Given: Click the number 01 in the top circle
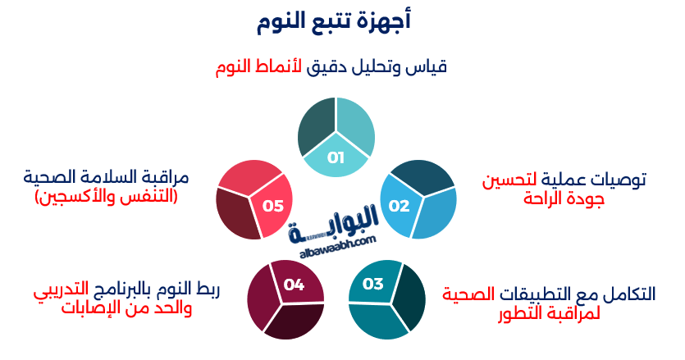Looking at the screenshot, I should [x=336, y=157].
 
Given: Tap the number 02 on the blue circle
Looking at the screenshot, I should [x=399, y=205].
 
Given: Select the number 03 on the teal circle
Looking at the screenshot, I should [x=373, y=285].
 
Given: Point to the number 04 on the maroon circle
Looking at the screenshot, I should [x=294, y=285].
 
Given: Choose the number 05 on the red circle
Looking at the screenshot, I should [x=273, y=206].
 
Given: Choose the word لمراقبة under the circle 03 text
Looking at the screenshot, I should [x=573, y=312].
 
